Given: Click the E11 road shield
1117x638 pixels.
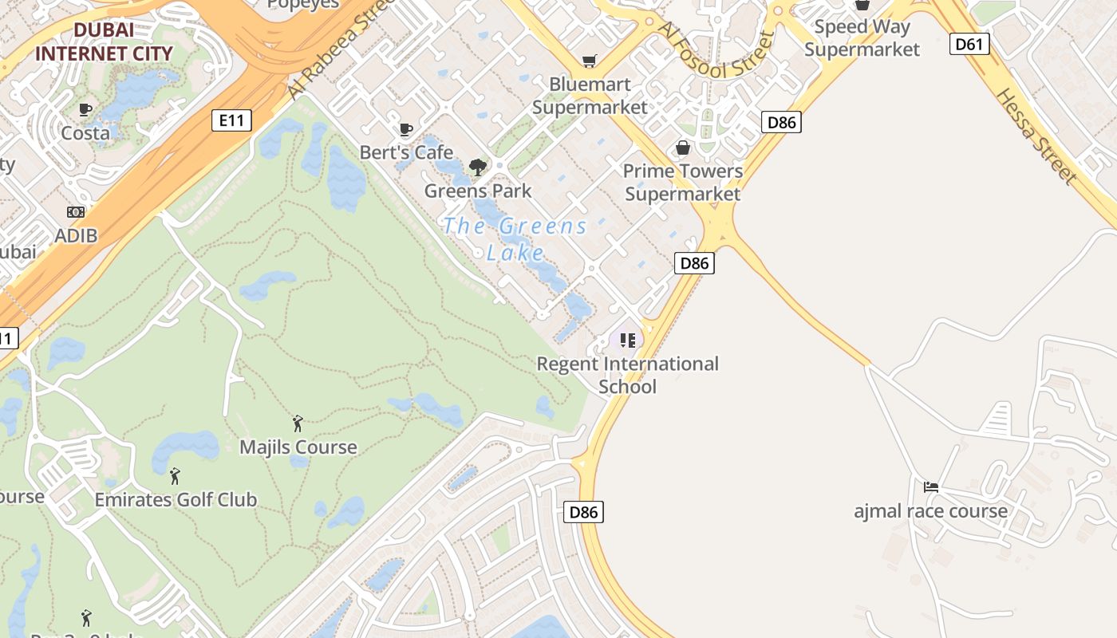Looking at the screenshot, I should pos(231,120).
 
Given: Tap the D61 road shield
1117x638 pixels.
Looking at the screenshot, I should pos(969,44).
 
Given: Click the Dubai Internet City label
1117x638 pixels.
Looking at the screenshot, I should pos(104,42).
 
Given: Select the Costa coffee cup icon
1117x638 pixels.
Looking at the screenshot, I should pos(85,109).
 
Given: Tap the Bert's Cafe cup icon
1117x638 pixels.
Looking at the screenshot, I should pos(406,129).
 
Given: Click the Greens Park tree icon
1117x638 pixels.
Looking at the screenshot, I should pos(477,167).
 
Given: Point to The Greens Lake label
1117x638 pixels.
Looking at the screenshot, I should pos(515,239).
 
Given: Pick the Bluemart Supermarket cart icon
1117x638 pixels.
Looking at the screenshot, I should pos(590,61).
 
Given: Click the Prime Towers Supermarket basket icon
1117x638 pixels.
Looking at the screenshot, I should pos(683,148).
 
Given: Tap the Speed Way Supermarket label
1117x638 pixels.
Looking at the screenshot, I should pos(862,38).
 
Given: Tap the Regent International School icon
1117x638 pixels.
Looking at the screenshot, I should pos(627,341).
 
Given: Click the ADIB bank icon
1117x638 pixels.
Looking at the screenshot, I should pos(76,212).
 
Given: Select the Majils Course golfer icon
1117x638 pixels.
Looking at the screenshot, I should pos(298,423).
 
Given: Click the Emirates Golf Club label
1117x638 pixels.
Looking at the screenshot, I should pos(176,500).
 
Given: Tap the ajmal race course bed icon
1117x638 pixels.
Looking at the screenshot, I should pos(930,486).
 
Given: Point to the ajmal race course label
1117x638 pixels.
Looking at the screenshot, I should pos(930,511).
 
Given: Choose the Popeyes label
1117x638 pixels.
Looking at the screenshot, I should pos(302,4).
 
